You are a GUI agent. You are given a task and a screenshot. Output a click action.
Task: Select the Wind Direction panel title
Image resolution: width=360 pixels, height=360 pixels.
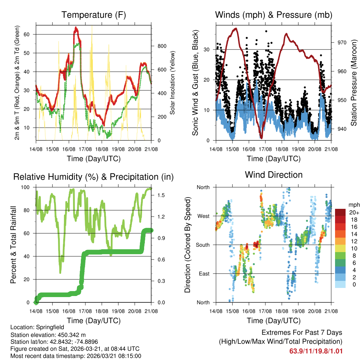click(x=274, y=175)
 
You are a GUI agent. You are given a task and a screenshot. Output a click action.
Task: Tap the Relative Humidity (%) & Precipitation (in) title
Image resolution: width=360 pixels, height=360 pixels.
click(x=94, y=177)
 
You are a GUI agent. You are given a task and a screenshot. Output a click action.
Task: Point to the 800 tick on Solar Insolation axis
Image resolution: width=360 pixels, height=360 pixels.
click(x=161, y=46)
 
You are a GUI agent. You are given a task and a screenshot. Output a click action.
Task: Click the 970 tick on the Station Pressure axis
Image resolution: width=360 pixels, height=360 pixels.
click(x=342, y=43)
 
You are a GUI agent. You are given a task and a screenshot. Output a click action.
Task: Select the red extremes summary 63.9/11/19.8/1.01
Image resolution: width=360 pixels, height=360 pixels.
click(x=316, y=351)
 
